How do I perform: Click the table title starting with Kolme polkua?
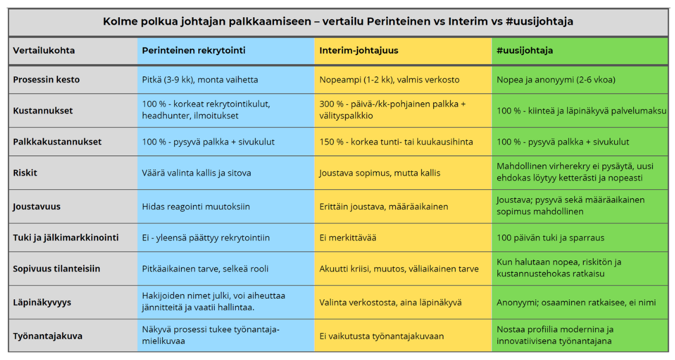pos(338,22)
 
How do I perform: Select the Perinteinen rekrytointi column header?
pos(194,50)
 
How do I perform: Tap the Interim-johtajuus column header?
pos(359,50)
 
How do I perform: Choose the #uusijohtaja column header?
pos(524,50)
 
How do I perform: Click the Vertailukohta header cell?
pos(44,50)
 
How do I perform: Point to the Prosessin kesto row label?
pos(46,80)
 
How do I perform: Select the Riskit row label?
pos(26,173)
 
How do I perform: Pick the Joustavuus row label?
pos(37,206)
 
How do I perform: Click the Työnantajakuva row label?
pos(48,336)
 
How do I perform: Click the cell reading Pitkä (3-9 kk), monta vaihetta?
pos(200,80)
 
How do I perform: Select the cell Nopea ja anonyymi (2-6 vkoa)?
pos(556,80)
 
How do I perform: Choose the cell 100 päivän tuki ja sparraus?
pos(550,237)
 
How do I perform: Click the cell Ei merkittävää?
pos(348,237)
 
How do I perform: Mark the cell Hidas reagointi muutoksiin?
pos(196,206)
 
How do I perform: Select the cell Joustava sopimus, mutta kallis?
pos(379,173)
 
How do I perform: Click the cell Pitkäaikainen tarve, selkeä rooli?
pos(205,268)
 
